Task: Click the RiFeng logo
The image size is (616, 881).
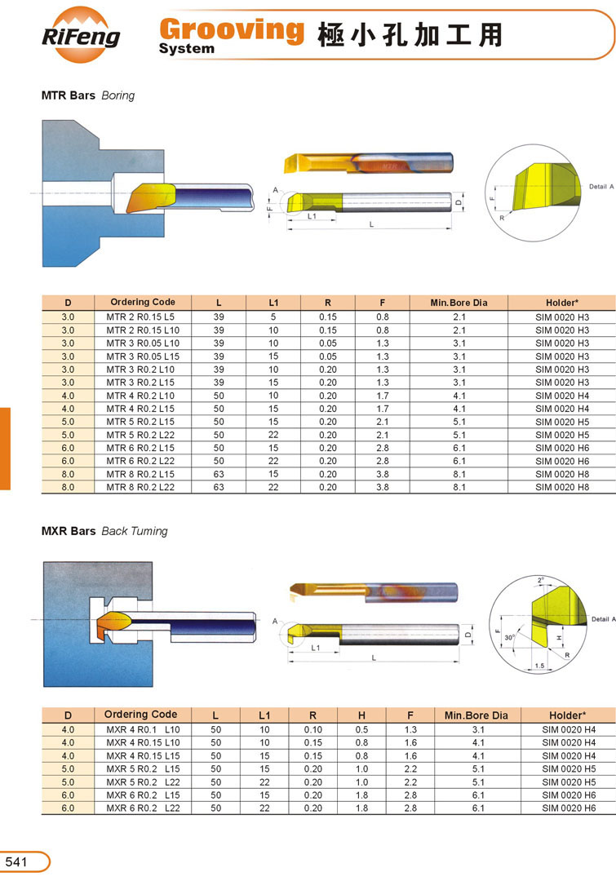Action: click(81, 35)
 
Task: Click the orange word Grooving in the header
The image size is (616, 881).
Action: click(232, 30)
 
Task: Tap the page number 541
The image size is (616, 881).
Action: click(16, 861)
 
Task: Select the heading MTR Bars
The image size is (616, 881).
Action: click(68, 95)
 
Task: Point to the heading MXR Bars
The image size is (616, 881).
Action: click(69, 531)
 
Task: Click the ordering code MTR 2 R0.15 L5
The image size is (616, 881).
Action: click(140, 317)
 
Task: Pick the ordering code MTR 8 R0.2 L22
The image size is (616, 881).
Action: click(140, 487)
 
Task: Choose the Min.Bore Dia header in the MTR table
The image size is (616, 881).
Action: click(459, 303)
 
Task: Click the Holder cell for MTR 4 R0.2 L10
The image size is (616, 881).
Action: click(562, 396)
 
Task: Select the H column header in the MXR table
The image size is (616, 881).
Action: click(361, 715)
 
